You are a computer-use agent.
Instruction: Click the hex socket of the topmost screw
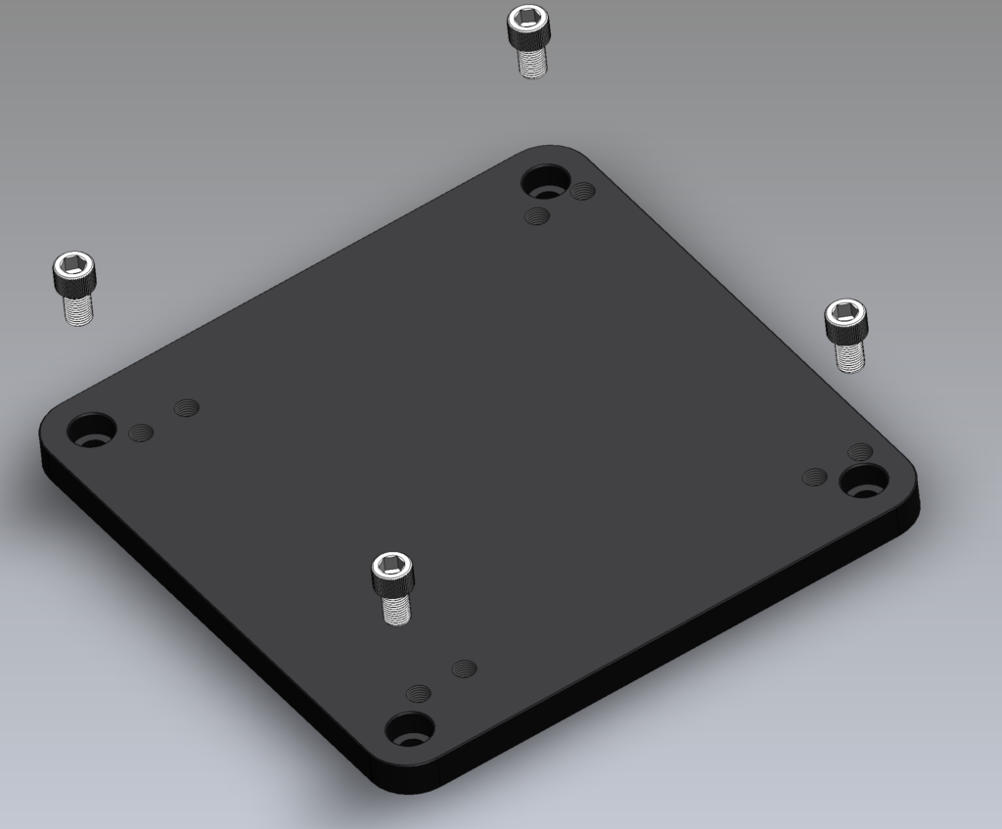pos(527,17)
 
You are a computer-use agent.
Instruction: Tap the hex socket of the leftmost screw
pos(74,264)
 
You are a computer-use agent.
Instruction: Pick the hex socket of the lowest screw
pos(391,565)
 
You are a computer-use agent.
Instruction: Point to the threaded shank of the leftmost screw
pos(78,308)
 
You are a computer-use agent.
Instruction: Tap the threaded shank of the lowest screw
pos(395,608)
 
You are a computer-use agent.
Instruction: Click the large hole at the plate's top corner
pos(545,182)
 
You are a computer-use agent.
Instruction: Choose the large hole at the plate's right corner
pos(864,480)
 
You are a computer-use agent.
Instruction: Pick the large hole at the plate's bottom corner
pos(409,729)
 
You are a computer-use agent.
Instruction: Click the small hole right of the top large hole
pos(583,190)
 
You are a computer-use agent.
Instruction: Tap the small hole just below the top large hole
pos(537,215)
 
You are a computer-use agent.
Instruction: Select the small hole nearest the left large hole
pos(142,433)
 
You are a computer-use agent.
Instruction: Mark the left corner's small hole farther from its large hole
pos(186,407)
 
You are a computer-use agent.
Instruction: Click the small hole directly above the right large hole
pos(860,451)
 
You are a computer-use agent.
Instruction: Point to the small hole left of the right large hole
pos(814,477)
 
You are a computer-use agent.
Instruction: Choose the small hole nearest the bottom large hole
pos(419,693)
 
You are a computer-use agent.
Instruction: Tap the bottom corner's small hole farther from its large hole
pos(465,668)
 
